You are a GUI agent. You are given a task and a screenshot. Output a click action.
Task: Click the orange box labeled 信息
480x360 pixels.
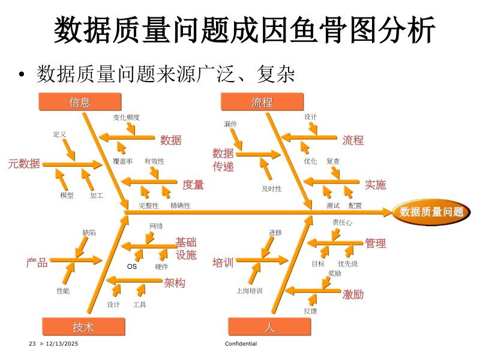tap(79, 103)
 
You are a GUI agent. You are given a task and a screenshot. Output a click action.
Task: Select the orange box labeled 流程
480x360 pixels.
tap(262, 103)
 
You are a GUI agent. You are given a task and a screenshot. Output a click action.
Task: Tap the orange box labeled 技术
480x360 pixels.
tap(83, 327)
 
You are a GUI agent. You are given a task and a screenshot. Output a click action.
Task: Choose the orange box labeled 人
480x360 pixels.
tap(269, 327)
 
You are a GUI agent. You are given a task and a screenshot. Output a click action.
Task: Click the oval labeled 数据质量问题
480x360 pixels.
tap(431, 212)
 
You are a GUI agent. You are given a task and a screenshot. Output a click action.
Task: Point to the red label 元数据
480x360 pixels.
tap(24, 164)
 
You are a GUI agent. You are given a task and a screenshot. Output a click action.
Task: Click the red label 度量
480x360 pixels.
tap(193, 185)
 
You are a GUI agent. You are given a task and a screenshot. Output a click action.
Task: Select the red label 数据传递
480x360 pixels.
tap(223, 160)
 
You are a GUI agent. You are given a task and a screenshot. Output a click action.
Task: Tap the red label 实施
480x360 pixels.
tap(376, 185)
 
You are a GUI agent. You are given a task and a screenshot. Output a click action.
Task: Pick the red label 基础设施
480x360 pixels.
tap(186, 248)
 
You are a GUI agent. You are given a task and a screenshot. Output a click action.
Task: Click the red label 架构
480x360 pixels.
tap(175, 283)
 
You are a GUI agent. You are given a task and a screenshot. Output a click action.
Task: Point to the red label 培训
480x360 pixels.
tap(223, 263)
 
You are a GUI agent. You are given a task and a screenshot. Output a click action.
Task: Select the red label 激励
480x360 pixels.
tap(353, 295)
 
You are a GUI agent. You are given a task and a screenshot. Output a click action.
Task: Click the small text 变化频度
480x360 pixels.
tap(127, 118)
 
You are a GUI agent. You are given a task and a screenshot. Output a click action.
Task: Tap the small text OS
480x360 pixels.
tap(132, 267)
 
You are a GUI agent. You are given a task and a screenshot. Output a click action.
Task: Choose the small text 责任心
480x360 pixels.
tap(342, 223)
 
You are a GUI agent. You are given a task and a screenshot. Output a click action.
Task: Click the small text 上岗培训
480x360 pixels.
tap(250, 291)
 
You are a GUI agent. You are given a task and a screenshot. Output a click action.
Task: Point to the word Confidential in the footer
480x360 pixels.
tap(241, 344)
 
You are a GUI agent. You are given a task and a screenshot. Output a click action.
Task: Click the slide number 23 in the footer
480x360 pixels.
tap(32, 344)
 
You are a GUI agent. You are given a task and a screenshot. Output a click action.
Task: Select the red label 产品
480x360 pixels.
tap(37, 263)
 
